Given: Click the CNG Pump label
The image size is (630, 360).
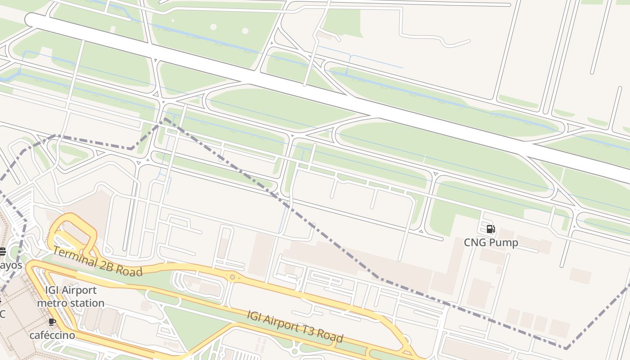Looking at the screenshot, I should click(491, 243).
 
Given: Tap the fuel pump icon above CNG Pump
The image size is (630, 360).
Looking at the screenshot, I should click(491, 229).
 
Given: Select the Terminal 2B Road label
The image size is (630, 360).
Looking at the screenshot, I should click(98, 261).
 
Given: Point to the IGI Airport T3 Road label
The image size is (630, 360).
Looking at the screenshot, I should click(295, 326).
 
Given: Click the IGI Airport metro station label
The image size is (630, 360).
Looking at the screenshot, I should click(71, 297).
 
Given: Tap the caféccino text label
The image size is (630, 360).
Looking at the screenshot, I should click(52, 335).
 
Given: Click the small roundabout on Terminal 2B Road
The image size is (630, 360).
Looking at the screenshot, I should click(232, 277).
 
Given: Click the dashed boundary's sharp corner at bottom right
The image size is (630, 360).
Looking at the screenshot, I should click(566, 348).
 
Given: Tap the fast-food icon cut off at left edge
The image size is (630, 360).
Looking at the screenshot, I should click(2, 251).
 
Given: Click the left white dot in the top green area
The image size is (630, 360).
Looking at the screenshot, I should click(213, 27).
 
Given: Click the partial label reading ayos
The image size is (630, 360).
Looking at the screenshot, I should click(11, 265).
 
